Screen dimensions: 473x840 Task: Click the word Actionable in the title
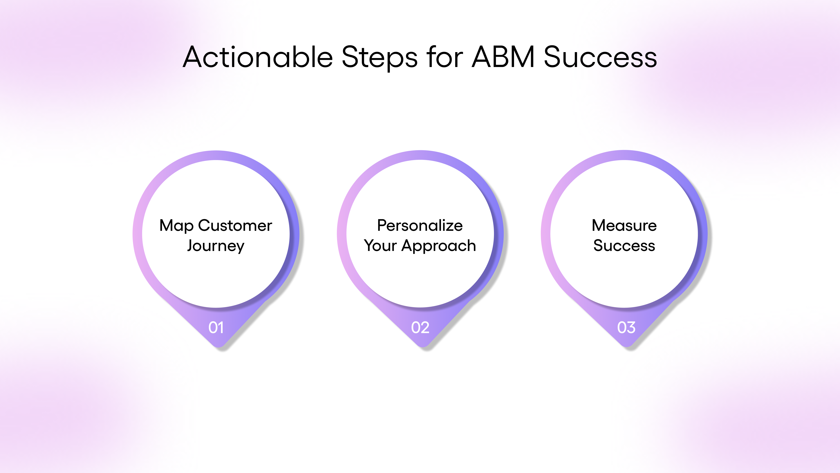(258, 57)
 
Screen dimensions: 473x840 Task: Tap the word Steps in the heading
(379, 58)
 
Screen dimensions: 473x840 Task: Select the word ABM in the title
(503, 57)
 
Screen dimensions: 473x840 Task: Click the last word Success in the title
(600, 57)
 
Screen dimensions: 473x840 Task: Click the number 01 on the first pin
(216, 327)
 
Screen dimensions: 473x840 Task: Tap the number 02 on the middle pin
(420, 327)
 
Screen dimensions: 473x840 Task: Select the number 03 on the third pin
(626, 327)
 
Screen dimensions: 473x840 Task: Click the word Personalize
(420, 226)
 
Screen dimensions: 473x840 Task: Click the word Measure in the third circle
(624, 226)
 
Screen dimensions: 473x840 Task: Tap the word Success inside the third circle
(624, 245)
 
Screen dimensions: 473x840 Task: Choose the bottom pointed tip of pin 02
(423, 346)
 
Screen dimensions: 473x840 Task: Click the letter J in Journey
(191, 245)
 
